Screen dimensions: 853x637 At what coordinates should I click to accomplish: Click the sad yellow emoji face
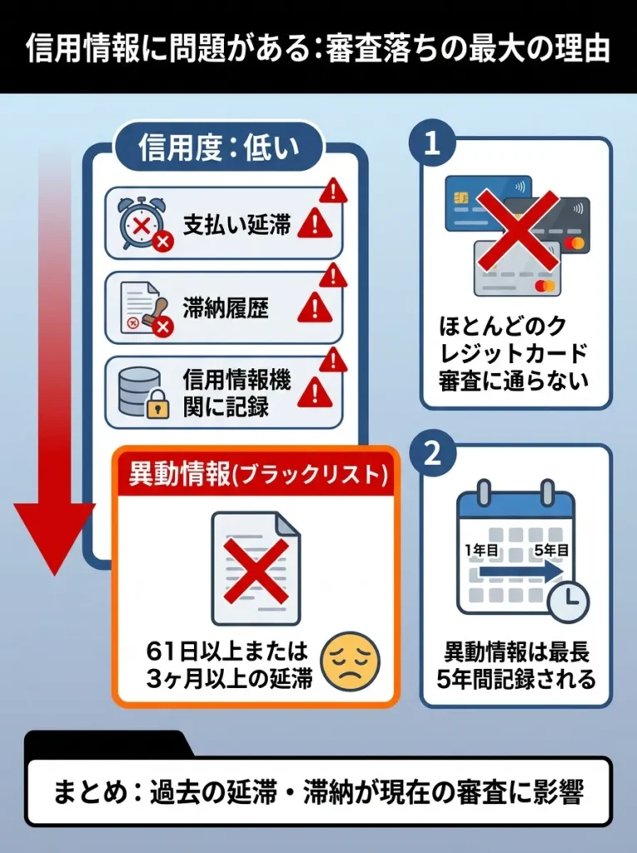(x=349, y=661)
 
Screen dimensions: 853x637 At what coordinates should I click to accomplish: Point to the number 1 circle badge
(x=431, y=144)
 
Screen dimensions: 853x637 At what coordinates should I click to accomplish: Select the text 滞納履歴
(x=225, y=308)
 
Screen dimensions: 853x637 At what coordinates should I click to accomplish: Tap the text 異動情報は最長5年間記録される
(x=516, y=666)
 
